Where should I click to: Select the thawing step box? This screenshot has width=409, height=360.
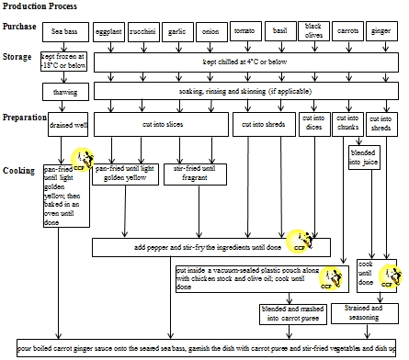click(67, 93)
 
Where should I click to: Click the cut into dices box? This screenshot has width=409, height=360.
click(314, 123)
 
